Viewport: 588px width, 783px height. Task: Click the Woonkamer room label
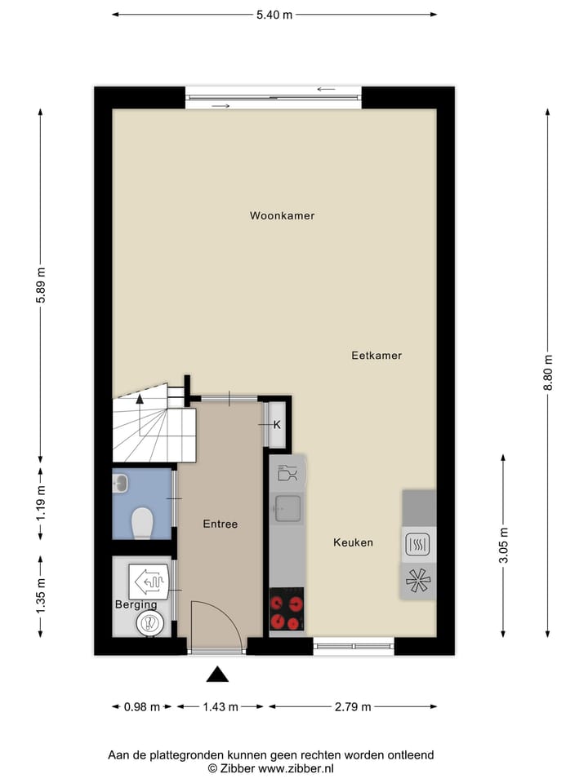pyautogui.click(x=283, y=216)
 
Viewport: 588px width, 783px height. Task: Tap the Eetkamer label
pyautogui.click(x=376, y=356)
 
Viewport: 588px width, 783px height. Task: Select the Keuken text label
pyautogui.click(x=353, y=542)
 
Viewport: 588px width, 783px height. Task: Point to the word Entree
pyautogui.click(x=220, y=524)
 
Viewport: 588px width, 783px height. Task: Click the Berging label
pyautogui.click(x=136, y=604)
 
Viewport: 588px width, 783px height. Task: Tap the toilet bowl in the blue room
pyautogui.click(x=142, y=523)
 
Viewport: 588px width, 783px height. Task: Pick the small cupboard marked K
pyautogui.click(x=277, y=424)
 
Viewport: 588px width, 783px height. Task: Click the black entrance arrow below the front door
pyautogui.click(x=217, y=674)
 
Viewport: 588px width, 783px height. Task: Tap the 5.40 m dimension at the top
pyautogui.click(x=275, y=15)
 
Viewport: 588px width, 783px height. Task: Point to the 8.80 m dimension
pyautogui.click(x=548, y=372)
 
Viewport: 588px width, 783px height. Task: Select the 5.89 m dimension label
pyautogui.click(x=40, y=285)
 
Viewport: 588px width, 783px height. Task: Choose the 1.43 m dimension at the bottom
pyautogui.click(x=220, y=707)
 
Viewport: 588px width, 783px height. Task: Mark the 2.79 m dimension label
pyautogui.click(x=354, y=707)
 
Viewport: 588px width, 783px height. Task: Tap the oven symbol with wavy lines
pyautogui.click(x=418, y=544)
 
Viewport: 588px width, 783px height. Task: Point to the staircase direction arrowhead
pyautogui.click(x=140, y=400)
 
